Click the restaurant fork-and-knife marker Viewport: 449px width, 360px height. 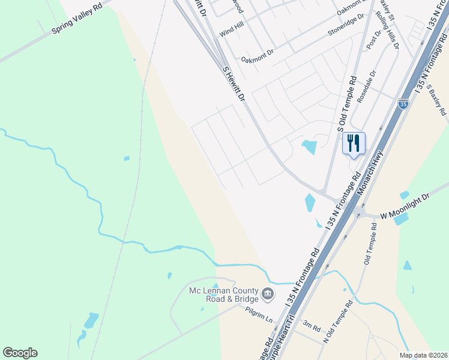pos(354,143)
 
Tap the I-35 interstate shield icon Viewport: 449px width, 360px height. pos(403,104)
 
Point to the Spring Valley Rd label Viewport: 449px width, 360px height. pos(77,20)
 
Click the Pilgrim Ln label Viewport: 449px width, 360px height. pos(259,312)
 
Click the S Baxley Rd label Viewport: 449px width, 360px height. pos(436,99)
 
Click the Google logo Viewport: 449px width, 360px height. pos(20,353)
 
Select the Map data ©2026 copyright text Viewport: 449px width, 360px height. pos(423,355)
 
